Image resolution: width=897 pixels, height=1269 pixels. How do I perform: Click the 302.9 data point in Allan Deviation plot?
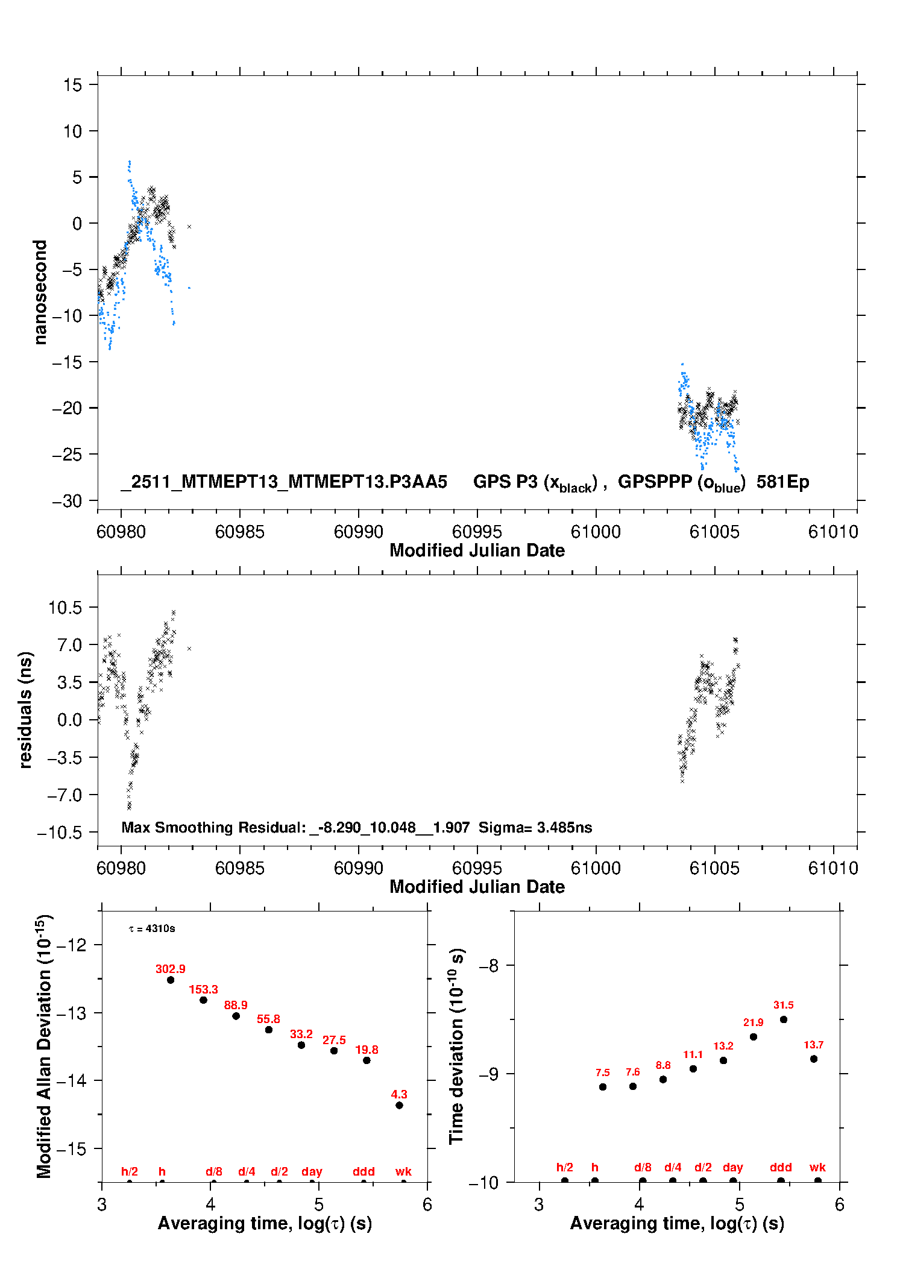tap(171, 980)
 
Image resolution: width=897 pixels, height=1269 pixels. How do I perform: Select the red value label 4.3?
tap(399, 1094)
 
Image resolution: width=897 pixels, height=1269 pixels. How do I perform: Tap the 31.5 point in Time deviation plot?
tap(783, 1019)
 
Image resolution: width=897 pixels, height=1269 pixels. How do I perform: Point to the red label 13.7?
tap(813, 1045)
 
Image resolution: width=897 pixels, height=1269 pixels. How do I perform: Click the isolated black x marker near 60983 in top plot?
tap(189, 227)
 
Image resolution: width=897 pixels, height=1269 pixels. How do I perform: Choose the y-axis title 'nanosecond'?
tap(40, 292)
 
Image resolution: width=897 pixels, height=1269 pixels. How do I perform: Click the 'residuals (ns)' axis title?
tap(25, 710)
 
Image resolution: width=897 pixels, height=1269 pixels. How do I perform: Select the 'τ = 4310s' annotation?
tap(152, 928)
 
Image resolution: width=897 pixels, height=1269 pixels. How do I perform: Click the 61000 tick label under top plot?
tap(596, 532)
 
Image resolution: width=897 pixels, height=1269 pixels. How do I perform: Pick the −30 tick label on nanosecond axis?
tap(67, 501)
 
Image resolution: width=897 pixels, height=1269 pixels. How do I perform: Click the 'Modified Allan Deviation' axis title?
tap(44, 1046)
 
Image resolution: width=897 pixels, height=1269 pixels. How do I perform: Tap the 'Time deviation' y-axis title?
tap(456, 1046)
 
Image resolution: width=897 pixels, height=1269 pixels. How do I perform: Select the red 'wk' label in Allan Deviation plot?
tap(403, 1171)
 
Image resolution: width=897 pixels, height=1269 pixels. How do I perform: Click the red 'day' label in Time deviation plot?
tap(732, 1167)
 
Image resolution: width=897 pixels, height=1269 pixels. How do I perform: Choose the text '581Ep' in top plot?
tap(782, 482)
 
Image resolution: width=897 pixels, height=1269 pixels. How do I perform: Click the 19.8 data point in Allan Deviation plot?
tap(367, 1060)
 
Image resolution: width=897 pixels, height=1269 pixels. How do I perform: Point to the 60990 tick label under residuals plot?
tap(358, 868)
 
